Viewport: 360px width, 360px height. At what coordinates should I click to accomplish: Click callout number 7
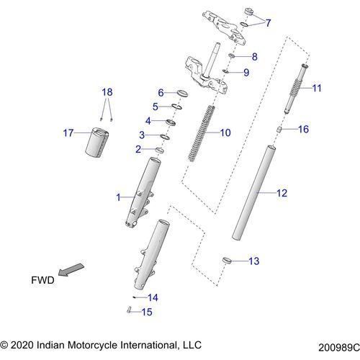268,23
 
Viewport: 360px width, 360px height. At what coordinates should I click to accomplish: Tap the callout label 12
282,193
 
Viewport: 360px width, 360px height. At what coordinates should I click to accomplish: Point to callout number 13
253,261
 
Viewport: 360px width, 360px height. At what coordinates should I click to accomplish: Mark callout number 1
120,197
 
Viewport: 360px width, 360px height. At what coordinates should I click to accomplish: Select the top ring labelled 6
181,94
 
